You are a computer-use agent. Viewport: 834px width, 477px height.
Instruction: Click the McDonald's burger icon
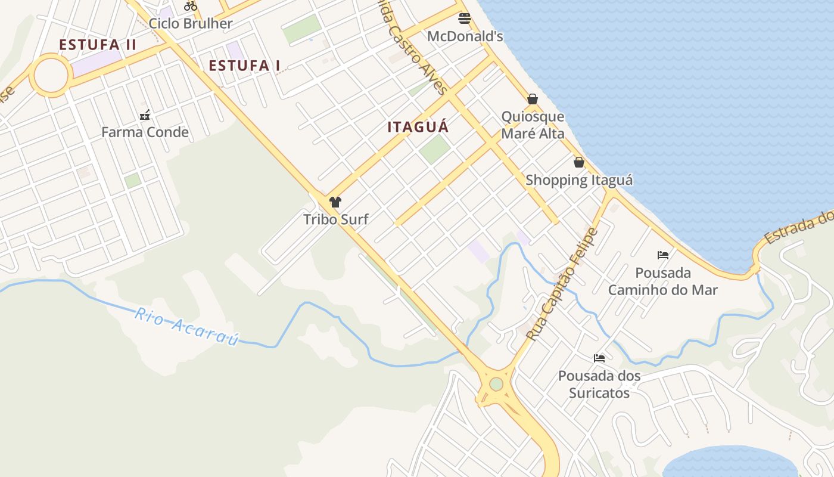point(465,18)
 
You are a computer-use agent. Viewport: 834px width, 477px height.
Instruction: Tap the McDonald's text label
point(465,36)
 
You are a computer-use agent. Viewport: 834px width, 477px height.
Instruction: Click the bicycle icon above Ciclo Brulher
point(191,6)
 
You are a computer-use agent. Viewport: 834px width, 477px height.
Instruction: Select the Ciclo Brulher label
point(191,24)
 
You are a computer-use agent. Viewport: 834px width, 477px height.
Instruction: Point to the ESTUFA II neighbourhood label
point(98,45)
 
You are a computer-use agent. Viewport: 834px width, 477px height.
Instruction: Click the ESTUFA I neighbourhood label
point(244,66)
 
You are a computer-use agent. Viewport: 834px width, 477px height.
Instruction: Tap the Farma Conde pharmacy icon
point(145,115)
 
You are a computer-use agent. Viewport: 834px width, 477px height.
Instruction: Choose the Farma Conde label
point(145,132)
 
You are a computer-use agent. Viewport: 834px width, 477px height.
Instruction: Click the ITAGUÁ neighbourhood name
point(418,127)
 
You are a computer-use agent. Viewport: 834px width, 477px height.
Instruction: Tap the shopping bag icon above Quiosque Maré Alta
point(533,99)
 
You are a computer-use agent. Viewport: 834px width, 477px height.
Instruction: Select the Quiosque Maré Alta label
point(533,125)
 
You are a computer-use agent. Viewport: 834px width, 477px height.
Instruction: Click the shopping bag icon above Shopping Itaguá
point(578,162)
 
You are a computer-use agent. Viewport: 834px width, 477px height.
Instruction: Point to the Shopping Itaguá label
point(579,180)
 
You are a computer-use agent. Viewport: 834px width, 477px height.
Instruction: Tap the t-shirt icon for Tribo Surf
point(335,202)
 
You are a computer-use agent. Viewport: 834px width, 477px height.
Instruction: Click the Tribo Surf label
point(336,219)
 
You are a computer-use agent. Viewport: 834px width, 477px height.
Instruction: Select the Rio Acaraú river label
point(186,326)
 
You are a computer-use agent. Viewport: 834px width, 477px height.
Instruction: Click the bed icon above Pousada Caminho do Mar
point(663,255)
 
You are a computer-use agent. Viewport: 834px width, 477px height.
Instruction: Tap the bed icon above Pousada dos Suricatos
point(599,358)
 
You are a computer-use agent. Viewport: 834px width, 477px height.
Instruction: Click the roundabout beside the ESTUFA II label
point(51,75)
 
